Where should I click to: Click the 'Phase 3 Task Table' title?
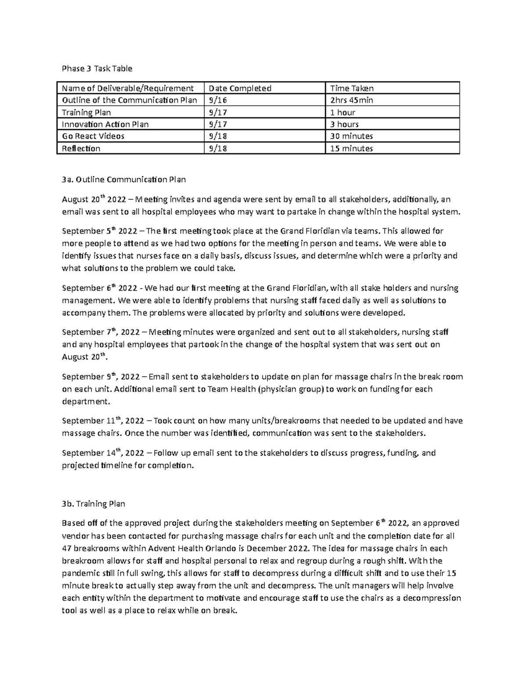click(x=97, y=69)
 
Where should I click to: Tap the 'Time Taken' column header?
click(x=352, y=88)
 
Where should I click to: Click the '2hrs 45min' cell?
click(x=351, y=100)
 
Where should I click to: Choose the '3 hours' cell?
click(x=344, y=124)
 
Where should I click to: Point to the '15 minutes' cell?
click(x=351, y=148)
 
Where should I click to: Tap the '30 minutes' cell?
click(x=351, y=136)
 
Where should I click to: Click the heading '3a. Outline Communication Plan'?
click(x=124, y=180)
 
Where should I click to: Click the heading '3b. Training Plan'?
click(x=94, y=504)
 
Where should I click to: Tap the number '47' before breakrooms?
click(x=67, y=548)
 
